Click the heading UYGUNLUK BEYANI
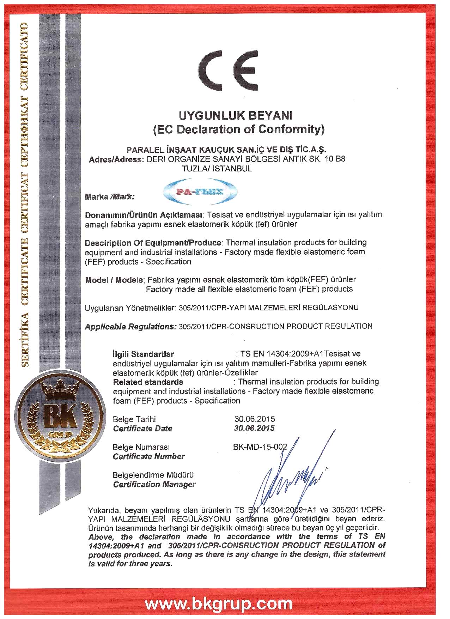(x=236, y=115)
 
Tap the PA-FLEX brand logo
(x=200, y=192)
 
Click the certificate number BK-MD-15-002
(x=260, y=447)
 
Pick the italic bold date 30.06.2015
(x=254, y=428)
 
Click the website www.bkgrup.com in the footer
(x=219, y=603)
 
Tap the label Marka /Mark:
(x=110, y=197)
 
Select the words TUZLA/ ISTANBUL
(x=217, y=169)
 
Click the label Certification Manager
(x=154, y=484)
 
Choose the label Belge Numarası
(x=141, y=447)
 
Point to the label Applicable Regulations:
(x=130, y=327)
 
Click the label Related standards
(x=148, y=382)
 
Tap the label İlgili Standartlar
(x=143, y=354)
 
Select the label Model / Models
(x=114, y=280)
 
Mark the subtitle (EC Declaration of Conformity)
(x=238, y=129)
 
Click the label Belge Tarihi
(x=134, y=419)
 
